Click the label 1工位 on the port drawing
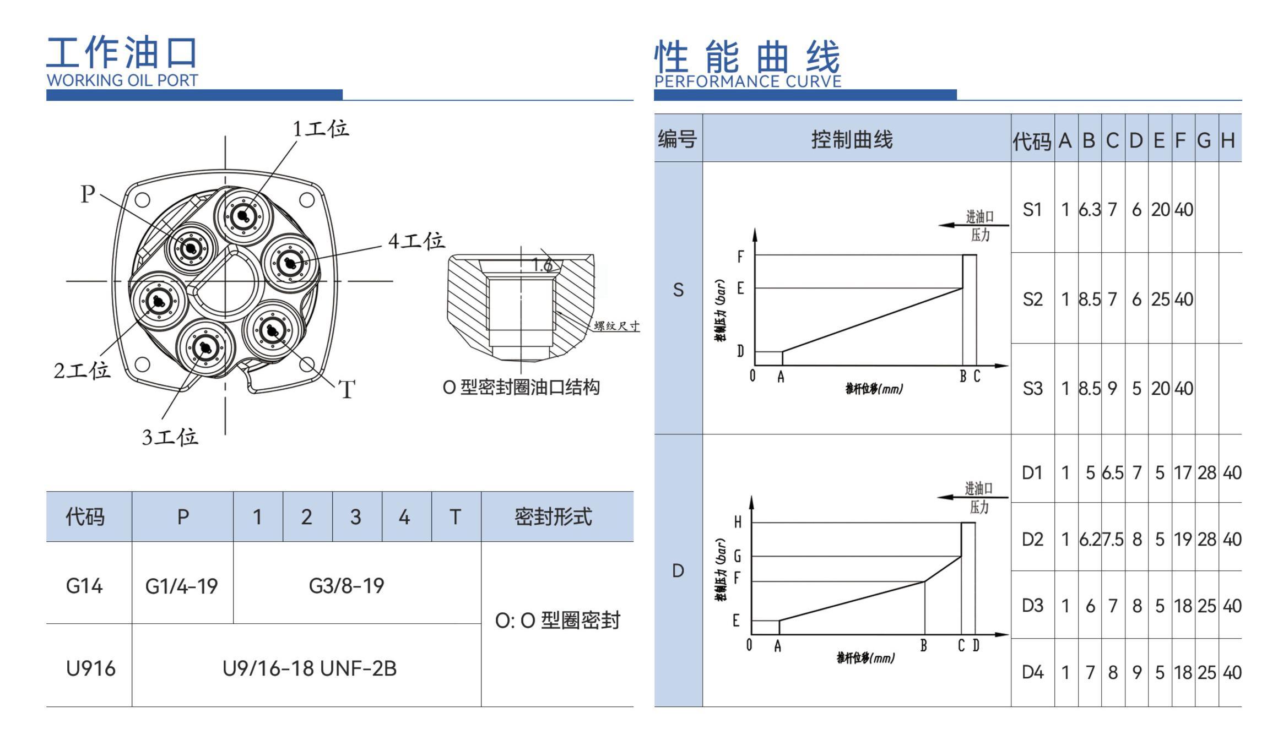click(x=320, y=129)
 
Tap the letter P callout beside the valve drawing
click(x=88, y=194)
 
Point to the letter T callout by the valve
click(x=346, y=390)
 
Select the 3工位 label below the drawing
click(x=170, y=437)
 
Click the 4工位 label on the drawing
click(x=416, y=241)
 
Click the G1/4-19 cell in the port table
click(x=182, y=586)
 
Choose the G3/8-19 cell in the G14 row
click(x=346, y=586)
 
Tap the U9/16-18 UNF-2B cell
click(x=309, y=668)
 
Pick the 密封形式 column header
click(x=553, y=517)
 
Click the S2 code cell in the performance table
click(x=1032, y=299)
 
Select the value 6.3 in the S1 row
click(x=1089, y=210)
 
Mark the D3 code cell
click(x=1032, y=606)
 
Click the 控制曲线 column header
click(x=852, y=140)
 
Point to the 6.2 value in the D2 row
click(x=1089, y=539)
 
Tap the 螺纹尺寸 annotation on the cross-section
click(x=616, y=326)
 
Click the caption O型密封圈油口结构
click(x=521, y=388)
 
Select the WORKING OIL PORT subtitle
click(x=122, y=80)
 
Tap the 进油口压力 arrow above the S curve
click(x=973, y=225)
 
